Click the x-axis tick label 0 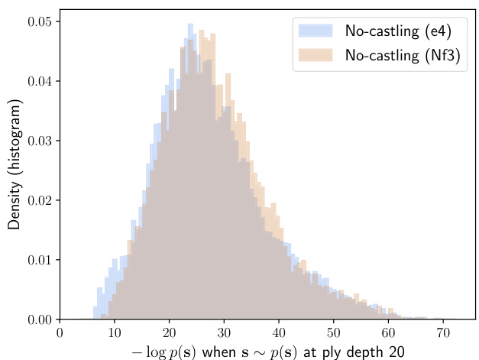pos(60,333)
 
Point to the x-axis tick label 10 pos(114,333)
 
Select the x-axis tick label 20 pos(169,333)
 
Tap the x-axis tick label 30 pos(223,333)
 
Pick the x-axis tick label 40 pos(278,333)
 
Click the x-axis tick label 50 pos(332,333)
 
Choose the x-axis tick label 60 pos(387,333)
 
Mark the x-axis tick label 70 pos(442,333)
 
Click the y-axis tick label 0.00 pos(40,319)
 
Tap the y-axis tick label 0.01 pos(40,260)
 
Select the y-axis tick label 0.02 pos(40,200)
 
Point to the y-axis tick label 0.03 pos(40,141)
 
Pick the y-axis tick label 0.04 pos(40,81)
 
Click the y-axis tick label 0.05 pos(40,21)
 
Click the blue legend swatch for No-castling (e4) pos(316,31)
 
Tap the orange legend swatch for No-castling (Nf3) pos(316,55)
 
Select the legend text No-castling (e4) pos(397,31)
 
